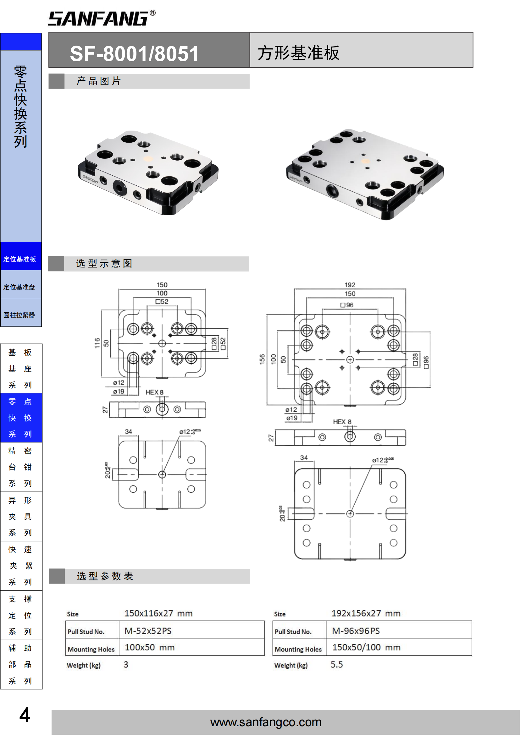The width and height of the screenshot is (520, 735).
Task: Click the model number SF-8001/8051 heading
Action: (134, 53)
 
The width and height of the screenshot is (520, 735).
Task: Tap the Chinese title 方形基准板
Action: (298, 53)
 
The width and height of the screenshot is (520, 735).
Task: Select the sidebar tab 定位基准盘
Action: (19, 287)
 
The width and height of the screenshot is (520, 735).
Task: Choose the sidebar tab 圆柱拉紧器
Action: (19, 315)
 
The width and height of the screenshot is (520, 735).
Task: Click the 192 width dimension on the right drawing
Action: (350, 285)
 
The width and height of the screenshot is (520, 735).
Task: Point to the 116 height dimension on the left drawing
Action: (97, 343)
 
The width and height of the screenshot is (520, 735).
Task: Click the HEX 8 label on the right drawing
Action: (342, 422)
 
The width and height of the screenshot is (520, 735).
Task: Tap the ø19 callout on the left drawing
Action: (119, 391)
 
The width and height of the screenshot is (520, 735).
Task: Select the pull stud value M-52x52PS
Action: (148, 631)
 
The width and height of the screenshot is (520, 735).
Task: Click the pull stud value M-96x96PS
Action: (356, 631)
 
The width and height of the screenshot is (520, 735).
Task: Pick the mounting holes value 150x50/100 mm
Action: (366, 647)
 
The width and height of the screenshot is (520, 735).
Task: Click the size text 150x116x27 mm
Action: (158, 613)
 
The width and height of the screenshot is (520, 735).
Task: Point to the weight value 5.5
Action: (336, 665)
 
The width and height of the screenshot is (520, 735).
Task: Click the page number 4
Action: (25, 715)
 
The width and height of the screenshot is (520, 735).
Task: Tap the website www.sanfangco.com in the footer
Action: (266, 722)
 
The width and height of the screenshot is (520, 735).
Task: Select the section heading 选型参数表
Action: (105, 576)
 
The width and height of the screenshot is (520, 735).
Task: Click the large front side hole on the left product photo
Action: (120, 186)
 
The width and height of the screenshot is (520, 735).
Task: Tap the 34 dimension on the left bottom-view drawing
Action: (128, 431)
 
